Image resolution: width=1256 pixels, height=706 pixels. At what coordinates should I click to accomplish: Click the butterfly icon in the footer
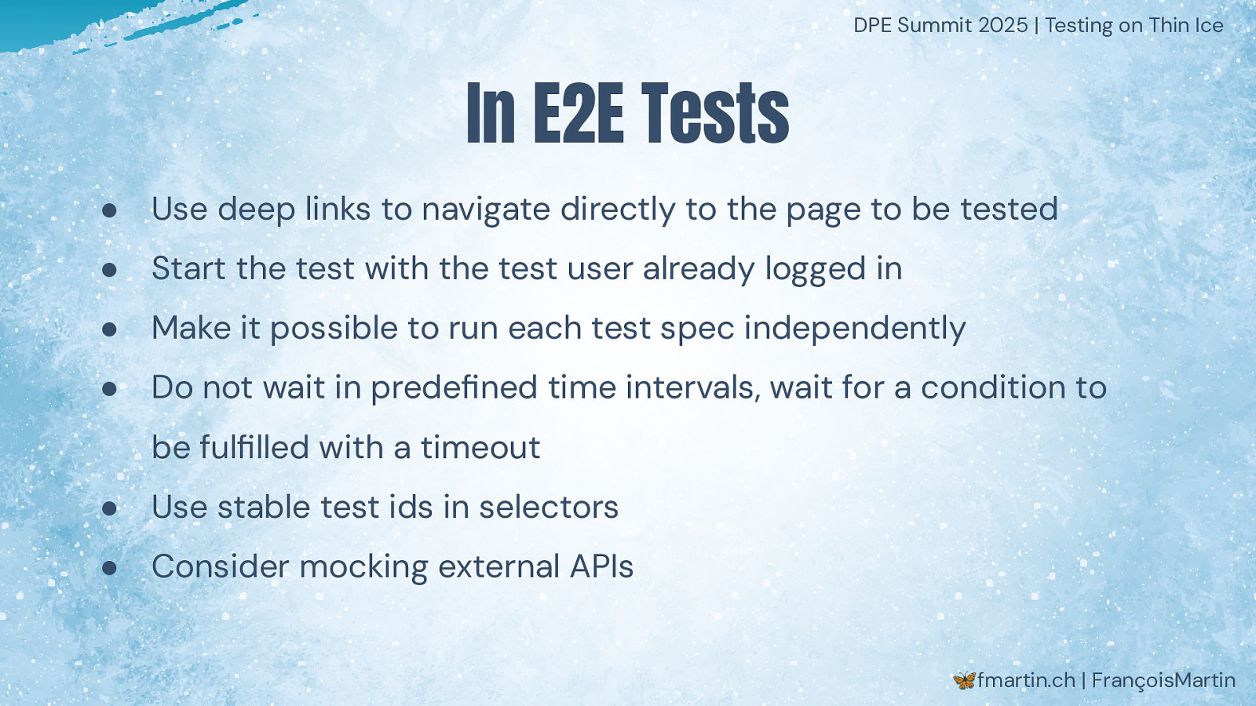click(x=964, y=680)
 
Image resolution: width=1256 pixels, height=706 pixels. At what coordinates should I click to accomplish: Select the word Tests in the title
click(x=715, y=113)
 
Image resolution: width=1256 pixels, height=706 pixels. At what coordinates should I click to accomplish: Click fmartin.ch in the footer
click(x=1026, y=680)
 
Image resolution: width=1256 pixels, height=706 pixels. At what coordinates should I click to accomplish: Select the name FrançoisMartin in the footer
click(x=1163, y=681)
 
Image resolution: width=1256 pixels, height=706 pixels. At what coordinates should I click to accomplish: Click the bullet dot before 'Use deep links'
click(x=109, y=211)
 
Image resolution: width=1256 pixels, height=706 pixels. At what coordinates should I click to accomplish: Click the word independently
click(x=855, y=329)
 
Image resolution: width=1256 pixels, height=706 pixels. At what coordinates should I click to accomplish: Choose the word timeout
click(x=480, y=448)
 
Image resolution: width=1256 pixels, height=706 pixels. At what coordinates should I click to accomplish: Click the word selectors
click(x=549, y=508)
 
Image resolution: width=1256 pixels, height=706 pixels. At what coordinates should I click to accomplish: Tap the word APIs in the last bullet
click(x=601, y=566)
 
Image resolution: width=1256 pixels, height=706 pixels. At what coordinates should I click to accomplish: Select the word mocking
click(x=364, y=568)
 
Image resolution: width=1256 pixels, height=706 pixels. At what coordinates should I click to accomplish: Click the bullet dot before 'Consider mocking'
click(x=109, y=568)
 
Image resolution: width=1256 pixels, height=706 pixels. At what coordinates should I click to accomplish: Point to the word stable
click(x=263, y=508)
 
